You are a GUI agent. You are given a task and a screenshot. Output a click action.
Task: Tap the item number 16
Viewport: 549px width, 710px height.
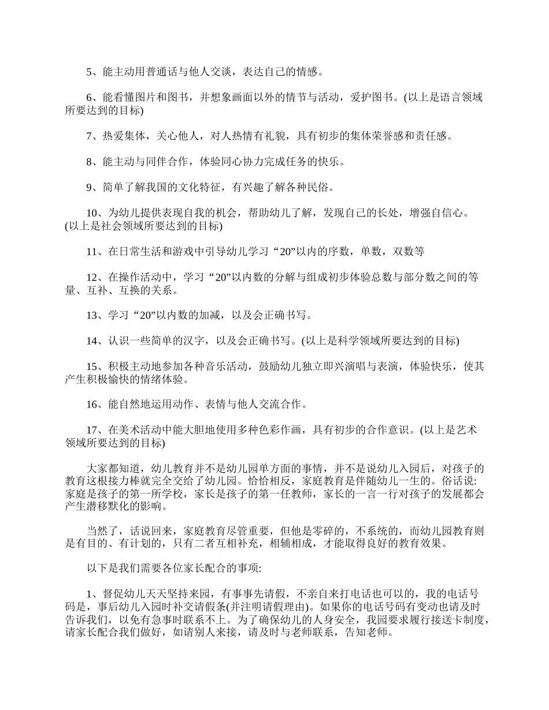pos(92,405)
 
